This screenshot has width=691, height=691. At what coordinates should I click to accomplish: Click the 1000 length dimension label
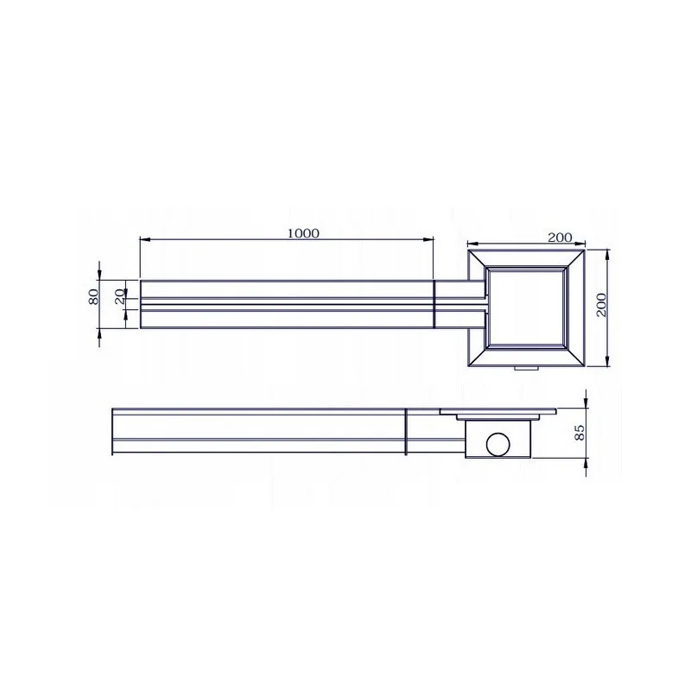303,232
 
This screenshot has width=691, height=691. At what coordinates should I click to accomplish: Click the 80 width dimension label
93,296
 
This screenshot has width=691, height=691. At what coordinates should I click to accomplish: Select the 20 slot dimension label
119,297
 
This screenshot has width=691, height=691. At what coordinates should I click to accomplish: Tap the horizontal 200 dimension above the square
560,237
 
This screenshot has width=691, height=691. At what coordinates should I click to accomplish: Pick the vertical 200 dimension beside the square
601,305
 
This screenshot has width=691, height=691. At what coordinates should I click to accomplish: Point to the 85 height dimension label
580,432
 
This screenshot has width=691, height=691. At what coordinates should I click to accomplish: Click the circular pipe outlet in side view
498,445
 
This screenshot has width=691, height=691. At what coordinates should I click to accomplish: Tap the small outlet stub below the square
526,368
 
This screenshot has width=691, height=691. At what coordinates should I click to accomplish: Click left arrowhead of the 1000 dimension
145,239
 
